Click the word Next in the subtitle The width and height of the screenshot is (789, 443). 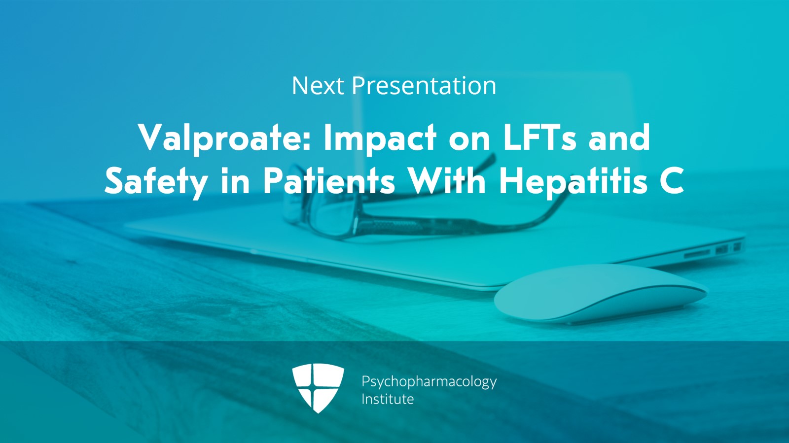(318, 86)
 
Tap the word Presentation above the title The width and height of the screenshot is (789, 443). (424, 86)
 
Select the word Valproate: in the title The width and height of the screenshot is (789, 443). (224, 138)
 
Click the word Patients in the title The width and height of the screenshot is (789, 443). (329, 181)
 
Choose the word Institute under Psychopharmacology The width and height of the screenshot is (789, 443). (388, 399)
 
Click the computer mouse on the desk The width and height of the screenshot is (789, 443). (601, 294)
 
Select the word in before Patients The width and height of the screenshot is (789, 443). (235, 181)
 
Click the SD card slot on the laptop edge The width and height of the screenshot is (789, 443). (697, 253)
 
